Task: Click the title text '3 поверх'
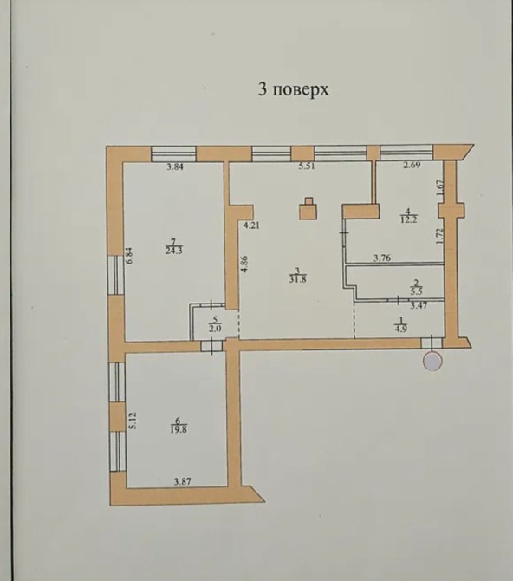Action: pos(294,90)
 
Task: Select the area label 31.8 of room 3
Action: pos(297,280)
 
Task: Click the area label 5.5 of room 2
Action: pos(416,291)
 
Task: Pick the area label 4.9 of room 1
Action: pos(401,329)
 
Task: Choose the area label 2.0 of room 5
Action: pos(215,329)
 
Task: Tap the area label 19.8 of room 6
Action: pos(179,430)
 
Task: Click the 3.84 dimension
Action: pos(175,166)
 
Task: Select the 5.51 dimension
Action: pos(307,166)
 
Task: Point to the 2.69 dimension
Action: pos(412,166)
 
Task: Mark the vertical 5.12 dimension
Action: pos(133,421)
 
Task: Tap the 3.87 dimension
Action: pos(182,481)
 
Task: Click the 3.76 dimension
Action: pos(382,258)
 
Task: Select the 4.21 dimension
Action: pos(251,225)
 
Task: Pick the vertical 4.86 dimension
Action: pos(244,264)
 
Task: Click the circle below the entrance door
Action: pos(432,362)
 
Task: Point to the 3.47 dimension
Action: pos(419,306)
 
